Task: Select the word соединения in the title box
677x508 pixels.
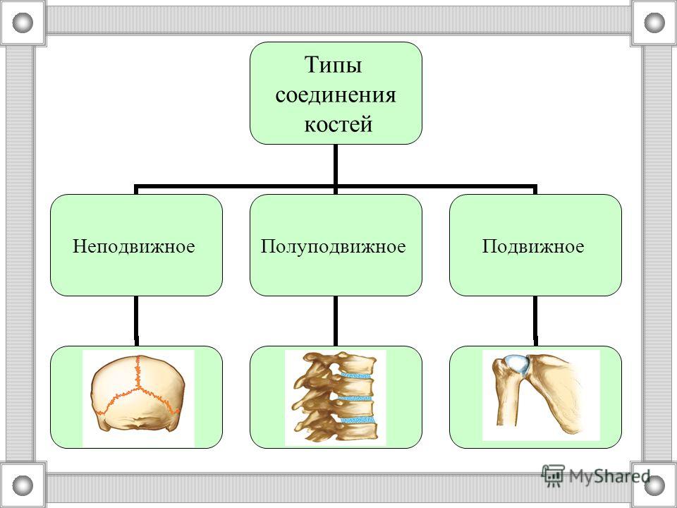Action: (x=336, y=95)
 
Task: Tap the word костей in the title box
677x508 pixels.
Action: (x=338, y=124)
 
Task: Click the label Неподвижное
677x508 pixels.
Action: (x=134, y=246)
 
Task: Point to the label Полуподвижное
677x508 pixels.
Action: (x=334, y=246)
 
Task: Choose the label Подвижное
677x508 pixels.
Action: (x=533, y=246)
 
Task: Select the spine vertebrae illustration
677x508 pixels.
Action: (x=334, y=397)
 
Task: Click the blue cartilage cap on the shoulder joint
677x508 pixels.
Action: (x=516, y=365)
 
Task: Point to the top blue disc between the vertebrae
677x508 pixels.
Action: (x=355, y=375)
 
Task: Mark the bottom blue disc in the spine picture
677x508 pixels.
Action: (x=357, y=419)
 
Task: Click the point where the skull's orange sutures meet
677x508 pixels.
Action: (x=138, y=387)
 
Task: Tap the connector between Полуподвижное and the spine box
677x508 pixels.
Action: (x=336, y=321)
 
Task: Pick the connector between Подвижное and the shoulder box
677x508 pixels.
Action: (x=535, y=321)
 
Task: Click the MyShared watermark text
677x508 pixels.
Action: (x=609, y=476)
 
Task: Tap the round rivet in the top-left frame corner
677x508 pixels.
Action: (x=23, y=23)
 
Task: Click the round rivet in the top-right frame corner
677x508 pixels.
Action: (x=654, y=23)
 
